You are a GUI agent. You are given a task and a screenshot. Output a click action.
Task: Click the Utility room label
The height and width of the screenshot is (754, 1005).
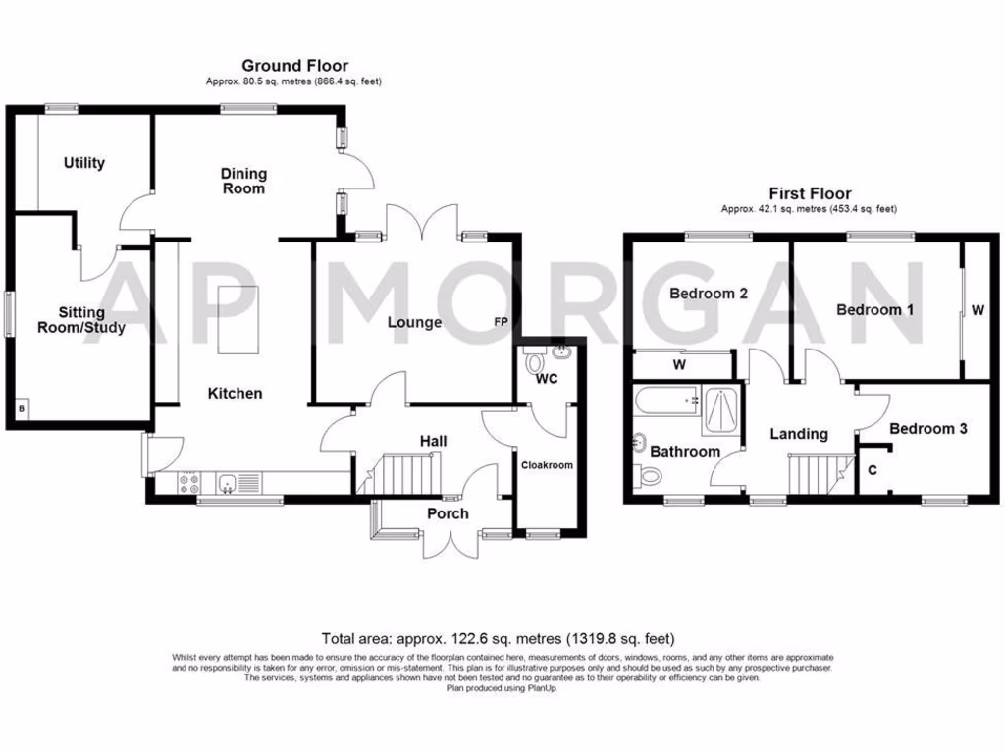pos(84,163)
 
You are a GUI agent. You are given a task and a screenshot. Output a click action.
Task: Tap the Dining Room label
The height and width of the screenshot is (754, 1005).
pos(243,181)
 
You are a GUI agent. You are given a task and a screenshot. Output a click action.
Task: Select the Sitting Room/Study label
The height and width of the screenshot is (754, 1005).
pos(80,320)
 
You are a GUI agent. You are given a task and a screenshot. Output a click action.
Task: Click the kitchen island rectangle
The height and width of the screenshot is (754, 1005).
pos(234,319)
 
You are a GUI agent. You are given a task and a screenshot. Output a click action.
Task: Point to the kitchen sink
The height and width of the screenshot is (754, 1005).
pos(228,483)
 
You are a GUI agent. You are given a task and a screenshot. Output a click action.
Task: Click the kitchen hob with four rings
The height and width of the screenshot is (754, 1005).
pos(188,483)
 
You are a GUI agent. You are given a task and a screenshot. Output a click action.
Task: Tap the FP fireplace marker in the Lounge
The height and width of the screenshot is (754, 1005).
pos(502,322)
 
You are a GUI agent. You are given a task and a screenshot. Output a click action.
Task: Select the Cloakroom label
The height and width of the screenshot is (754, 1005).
pos(546,465)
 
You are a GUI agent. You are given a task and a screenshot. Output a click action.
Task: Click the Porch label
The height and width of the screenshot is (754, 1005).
pos(448,513)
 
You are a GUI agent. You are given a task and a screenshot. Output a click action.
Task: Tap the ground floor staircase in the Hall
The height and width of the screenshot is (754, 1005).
pos(403,476)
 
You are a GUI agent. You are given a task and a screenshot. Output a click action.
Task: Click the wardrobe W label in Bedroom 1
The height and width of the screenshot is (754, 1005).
pos(978,310)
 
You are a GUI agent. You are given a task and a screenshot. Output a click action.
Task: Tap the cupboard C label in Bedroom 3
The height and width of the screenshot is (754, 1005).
pos(872,469)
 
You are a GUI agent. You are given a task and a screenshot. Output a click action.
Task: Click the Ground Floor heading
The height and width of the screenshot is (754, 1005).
pos(294,66)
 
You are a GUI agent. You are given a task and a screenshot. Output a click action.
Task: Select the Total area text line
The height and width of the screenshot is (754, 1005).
pos(498,638)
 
